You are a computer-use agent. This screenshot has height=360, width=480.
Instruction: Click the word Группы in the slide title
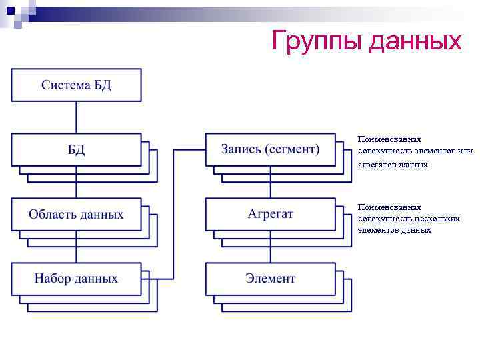[x=317, y=41]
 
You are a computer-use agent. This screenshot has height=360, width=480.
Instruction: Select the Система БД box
[x=76, y=85]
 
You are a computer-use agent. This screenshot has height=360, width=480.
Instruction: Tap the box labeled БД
[x=76, y=149]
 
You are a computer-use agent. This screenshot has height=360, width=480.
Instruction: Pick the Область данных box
[x=76, y=214]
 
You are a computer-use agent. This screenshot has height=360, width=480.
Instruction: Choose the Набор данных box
[x=76, y=279]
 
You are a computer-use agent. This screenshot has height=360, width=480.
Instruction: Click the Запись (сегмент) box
[x=270, y=149]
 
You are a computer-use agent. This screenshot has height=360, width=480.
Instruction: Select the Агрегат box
[x=270, y=214]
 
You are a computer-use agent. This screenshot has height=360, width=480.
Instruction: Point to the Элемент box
[x=270, y=279]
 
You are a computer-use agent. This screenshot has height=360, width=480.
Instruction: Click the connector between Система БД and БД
[x=76, y=117]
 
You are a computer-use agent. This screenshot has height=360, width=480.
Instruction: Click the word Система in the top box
[x=64, y=85]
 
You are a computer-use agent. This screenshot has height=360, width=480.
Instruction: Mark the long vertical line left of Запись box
[x=173, y=213]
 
